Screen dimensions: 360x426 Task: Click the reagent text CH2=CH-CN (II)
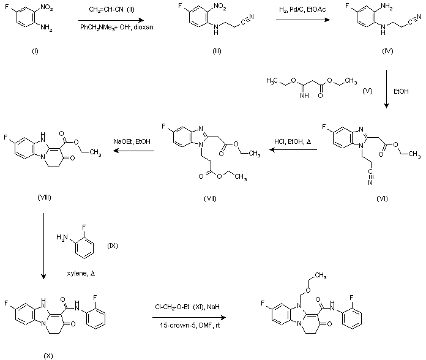(113, 10)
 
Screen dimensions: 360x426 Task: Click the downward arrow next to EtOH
(387, 89)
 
